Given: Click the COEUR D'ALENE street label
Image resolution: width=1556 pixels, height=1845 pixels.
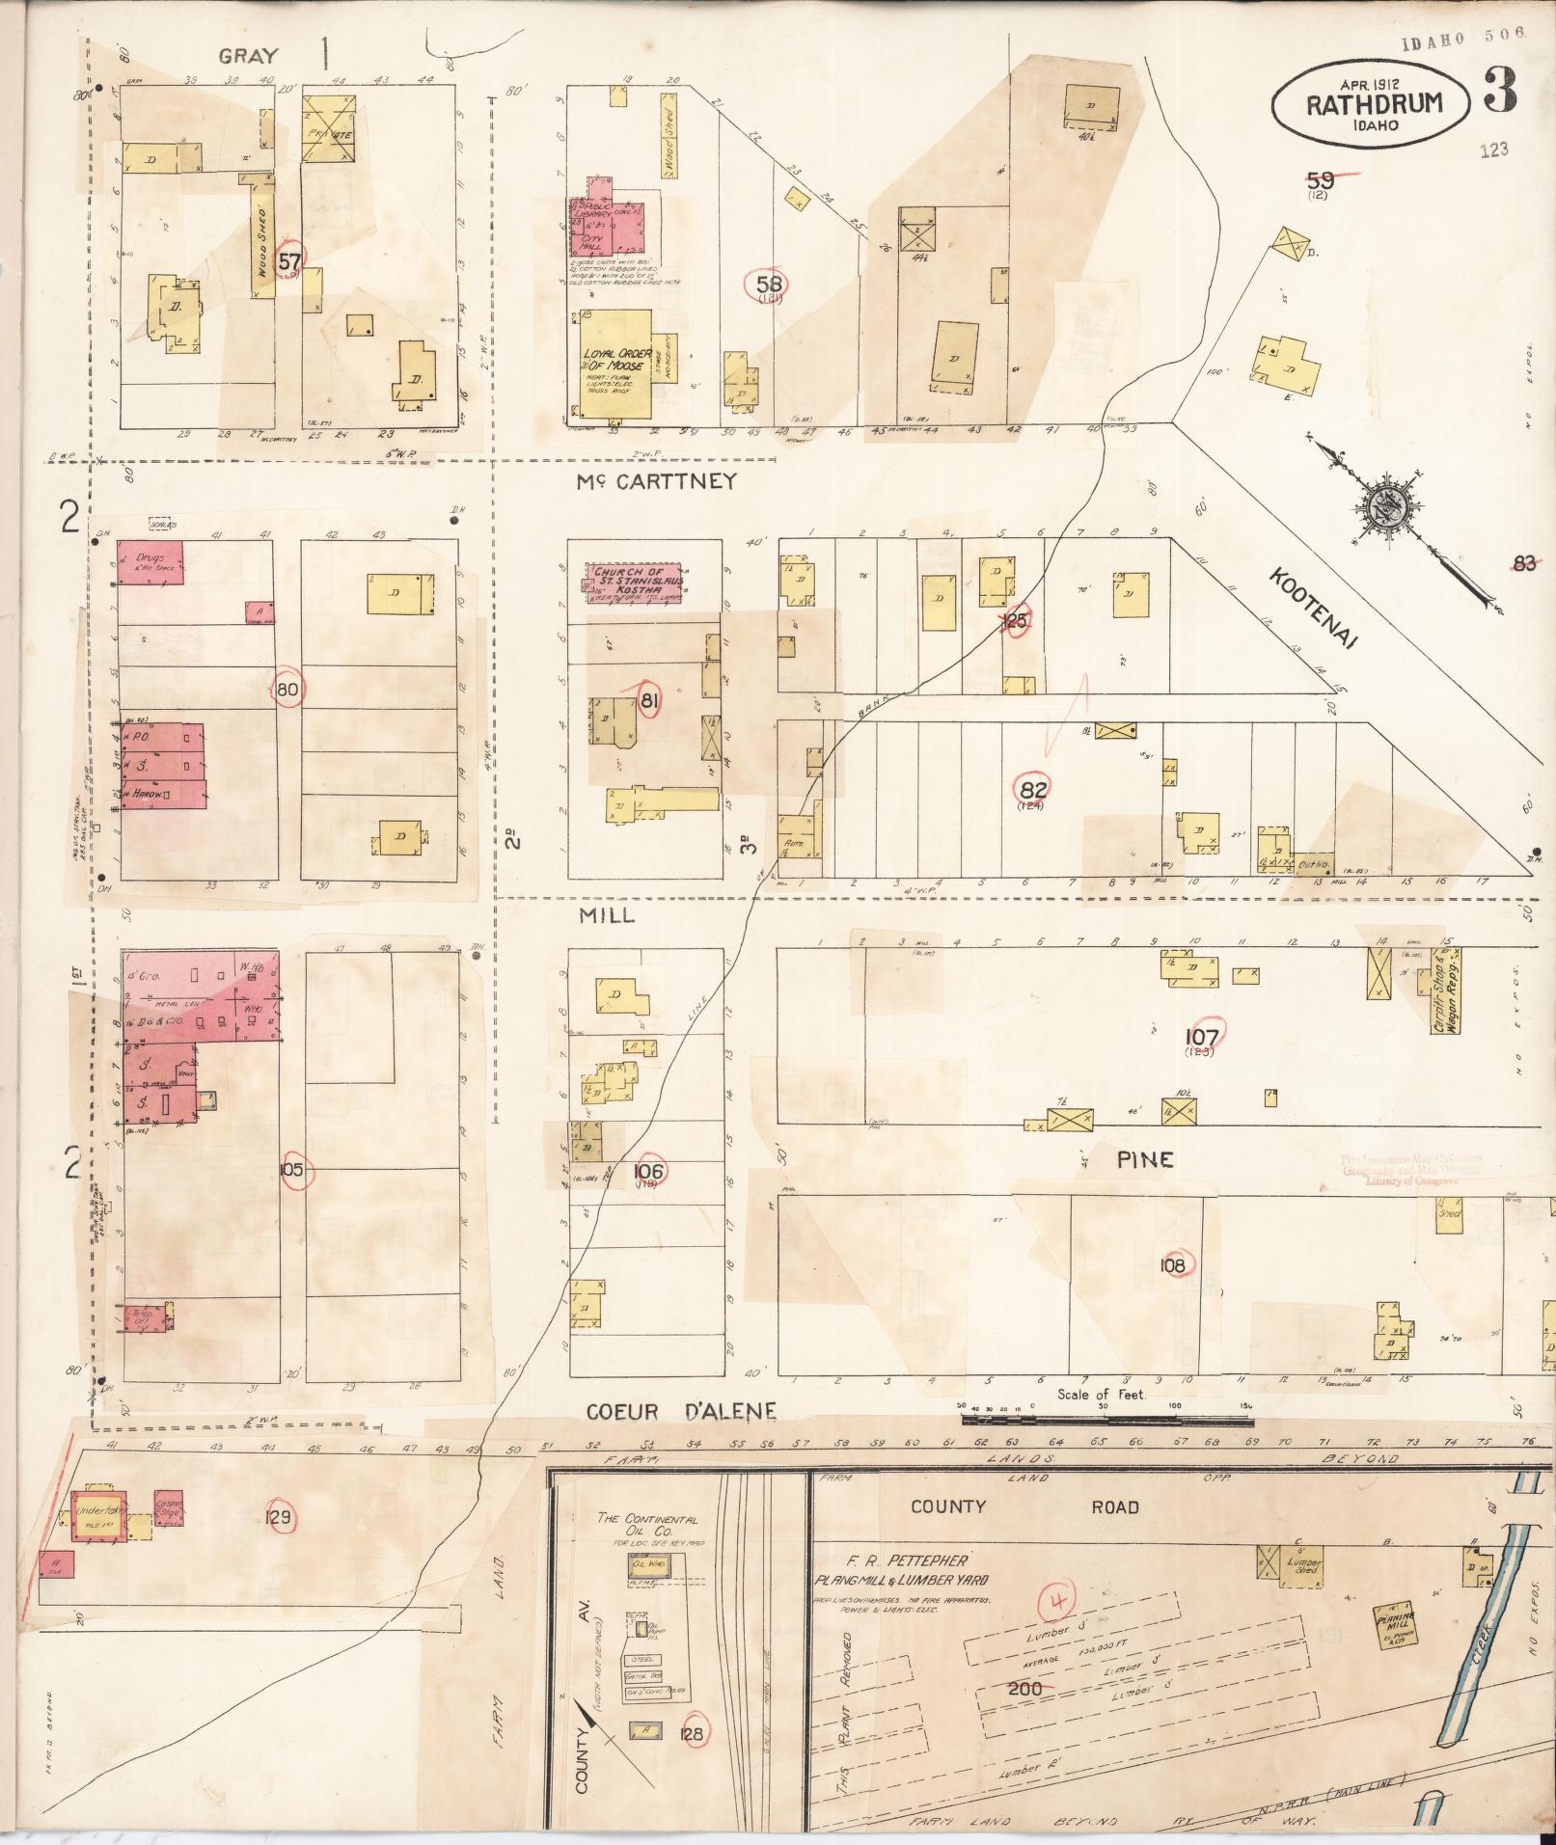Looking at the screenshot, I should coord(681,1412).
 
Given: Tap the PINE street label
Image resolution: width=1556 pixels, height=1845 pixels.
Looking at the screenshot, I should coord(1145,1159).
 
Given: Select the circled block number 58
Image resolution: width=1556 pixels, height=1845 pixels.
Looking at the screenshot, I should coord(771,284).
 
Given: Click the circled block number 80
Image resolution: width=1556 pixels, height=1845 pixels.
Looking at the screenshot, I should coord(288,689).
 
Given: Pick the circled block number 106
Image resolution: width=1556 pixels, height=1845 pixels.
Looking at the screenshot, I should coord(648,1171).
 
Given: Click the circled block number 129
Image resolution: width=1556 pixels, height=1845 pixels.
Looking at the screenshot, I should coord(281,1516).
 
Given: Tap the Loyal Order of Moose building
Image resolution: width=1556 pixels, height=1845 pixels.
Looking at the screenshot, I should coord(617,366).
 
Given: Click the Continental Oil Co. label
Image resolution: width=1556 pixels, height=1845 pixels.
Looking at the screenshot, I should coord(647,1525).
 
